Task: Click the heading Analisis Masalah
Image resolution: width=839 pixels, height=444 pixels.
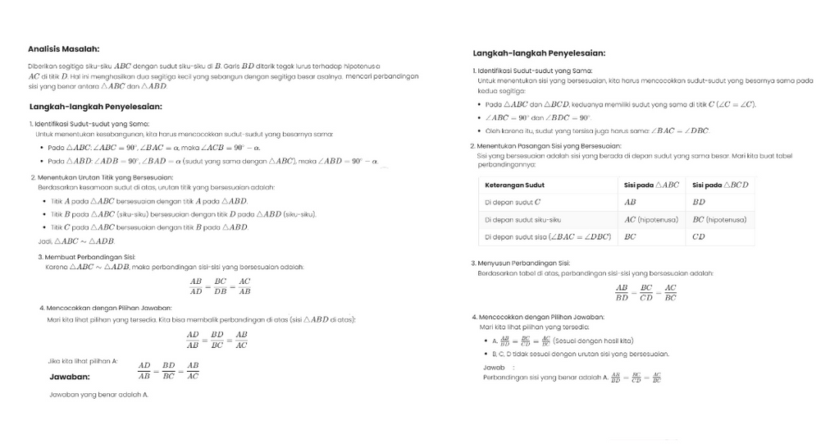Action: (x=63, y=48)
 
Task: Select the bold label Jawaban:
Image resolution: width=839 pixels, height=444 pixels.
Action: (x=70, y=377)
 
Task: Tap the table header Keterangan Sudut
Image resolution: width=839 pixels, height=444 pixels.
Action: (x=514, y=185)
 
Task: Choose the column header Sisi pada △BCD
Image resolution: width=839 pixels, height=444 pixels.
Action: (x=720, y=185)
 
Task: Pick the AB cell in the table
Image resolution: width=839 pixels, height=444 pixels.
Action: (x=630, y=202)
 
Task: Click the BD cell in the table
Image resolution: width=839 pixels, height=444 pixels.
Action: (x=699, y=202)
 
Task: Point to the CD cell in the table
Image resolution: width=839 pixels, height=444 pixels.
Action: (x=699, y=237)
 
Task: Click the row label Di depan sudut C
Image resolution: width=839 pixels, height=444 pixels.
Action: (x=513, y=202)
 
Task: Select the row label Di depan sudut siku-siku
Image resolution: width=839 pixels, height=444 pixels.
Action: (x=522, y=220)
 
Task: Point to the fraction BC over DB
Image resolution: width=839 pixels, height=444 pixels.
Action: (x=220, y=286)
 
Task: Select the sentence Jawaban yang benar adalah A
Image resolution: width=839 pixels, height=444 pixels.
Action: (x=98, y=395)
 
